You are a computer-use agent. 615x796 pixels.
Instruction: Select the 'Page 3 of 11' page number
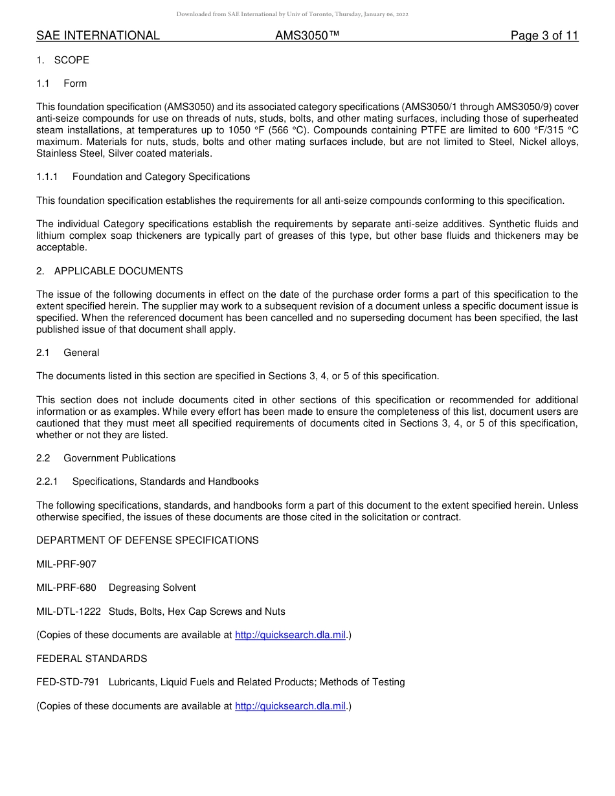(544, 36)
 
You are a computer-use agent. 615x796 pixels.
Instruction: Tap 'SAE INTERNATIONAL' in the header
(98, 36)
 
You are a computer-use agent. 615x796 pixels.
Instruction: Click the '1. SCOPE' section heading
(63, 60)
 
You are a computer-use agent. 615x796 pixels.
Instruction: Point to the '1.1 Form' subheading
(61, 83)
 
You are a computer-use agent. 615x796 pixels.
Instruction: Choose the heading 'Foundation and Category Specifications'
(161, 177)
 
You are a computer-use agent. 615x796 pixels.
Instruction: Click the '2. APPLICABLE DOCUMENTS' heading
(109, 271)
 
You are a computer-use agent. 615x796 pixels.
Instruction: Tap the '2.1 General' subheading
(68, 353)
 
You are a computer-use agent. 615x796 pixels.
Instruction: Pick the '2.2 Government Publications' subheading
(106, 458)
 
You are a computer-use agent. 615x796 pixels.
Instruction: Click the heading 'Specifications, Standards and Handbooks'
(165, 481)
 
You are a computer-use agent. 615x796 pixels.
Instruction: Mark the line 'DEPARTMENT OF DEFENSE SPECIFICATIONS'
(148, 540)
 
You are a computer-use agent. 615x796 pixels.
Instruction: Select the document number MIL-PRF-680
(66, 588)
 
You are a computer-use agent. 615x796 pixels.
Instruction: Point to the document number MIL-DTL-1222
(69, 612)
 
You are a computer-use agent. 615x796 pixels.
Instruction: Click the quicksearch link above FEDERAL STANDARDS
(290, 635)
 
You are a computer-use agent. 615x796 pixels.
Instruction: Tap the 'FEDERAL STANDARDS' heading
(92, 659)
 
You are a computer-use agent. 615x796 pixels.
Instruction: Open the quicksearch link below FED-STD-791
(290, 706)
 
